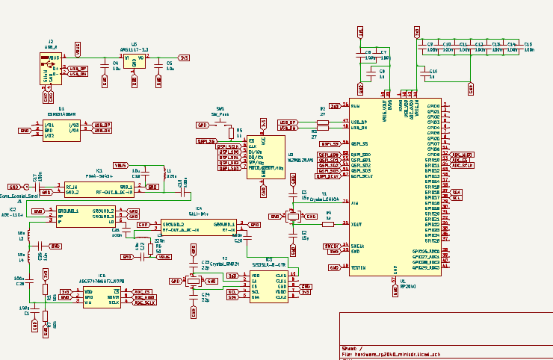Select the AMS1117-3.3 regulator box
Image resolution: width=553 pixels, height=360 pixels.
tap(135, 61)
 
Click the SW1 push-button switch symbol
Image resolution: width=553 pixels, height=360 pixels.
tap(220, 122)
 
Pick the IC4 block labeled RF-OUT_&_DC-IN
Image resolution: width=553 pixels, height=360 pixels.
tap(199, 227)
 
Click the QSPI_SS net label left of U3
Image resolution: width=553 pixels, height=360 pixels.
tap(206, 140)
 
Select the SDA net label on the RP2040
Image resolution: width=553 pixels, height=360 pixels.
tap(457, 192)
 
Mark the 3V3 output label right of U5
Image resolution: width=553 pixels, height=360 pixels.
tap(184, 58)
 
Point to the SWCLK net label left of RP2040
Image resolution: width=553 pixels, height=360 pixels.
tap(331, 246)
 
